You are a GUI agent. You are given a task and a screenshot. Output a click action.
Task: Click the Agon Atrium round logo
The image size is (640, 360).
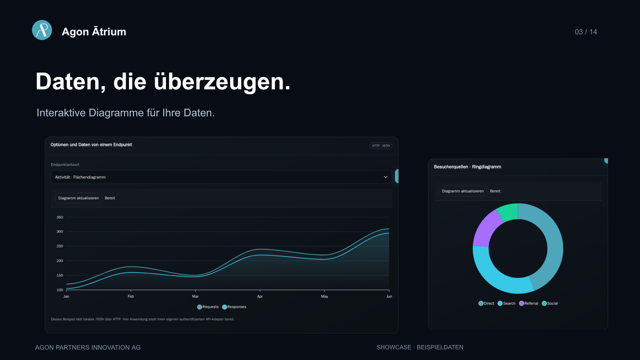point(42,30)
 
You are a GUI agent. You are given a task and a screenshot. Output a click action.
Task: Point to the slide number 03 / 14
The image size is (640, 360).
point(586,32)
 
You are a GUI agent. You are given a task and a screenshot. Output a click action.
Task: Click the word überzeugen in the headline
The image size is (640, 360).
point(222,82)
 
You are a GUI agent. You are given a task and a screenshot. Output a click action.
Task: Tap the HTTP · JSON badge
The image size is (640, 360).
point(381,146)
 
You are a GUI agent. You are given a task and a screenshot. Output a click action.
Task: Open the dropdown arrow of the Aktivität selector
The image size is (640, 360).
point(385,177)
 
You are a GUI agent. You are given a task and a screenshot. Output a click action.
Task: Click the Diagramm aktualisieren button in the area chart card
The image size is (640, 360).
point(78,198)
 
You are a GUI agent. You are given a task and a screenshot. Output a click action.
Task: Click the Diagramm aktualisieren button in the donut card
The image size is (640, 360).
point(463,191)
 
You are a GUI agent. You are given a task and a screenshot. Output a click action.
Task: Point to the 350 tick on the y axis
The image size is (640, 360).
point(60,217)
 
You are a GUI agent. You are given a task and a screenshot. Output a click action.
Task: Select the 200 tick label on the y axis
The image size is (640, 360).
point(60,261)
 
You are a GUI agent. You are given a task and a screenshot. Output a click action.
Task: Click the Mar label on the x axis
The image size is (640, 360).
point(195,296)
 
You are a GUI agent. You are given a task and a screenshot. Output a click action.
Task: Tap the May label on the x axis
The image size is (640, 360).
point(324,296)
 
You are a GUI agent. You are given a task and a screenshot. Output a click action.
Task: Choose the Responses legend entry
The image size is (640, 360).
point(234,307)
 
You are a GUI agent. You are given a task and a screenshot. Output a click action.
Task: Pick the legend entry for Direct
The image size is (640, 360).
point(486,303)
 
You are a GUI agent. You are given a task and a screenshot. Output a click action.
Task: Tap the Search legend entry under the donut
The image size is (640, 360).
point(506,303)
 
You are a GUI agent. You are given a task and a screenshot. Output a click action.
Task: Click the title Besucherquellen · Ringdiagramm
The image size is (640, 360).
point(467,167)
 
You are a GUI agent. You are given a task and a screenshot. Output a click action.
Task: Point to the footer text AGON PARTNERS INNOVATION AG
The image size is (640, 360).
point(88,347)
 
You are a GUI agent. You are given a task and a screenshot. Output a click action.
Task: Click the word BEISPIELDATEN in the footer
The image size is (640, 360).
point(440,347)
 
